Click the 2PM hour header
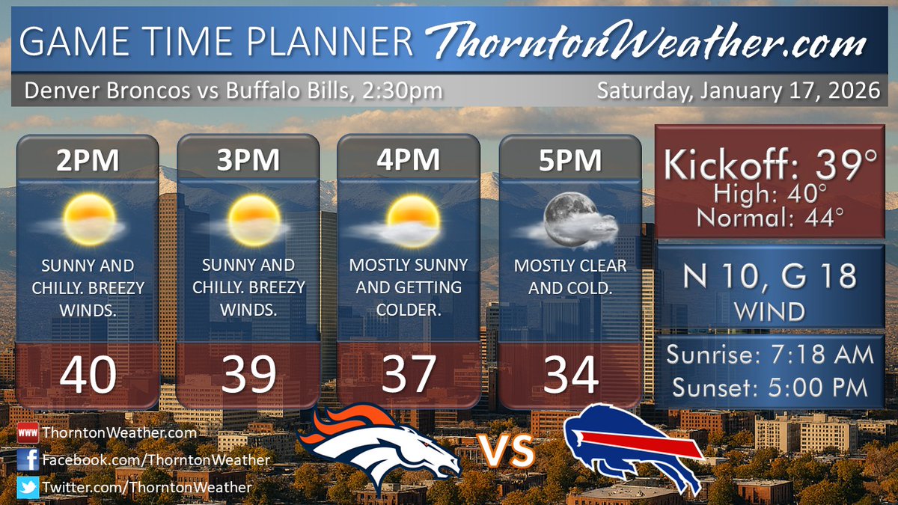pos(88,160)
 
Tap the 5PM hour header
pos(570,160)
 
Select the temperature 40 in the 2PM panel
pos(88,374)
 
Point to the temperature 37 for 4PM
pos(409,374)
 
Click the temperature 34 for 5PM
pos(570,374)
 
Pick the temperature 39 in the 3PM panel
pos(248,374)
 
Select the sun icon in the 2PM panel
pos(88,217)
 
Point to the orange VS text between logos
pos(506,452)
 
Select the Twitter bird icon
pos(27,487)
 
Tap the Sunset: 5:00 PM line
pos(771,388)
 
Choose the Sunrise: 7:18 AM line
pos(771,354)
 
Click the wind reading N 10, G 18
pos(771,278)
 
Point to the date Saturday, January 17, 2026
pos(737,91)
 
